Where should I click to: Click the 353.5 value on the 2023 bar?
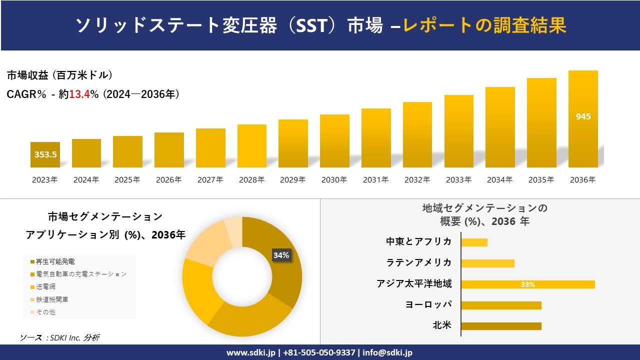pos(45,154)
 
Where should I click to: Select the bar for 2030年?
pos(334,141)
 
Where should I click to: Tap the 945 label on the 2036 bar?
pos(583,116)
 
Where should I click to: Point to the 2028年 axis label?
pos(251,180)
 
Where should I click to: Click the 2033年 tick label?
pos(458,180)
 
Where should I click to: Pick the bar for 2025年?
pos(127,151)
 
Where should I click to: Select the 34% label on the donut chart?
pos(281,255)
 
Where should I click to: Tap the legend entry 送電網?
pos(45,287)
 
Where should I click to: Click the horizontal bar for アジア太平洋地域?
pos(527,284)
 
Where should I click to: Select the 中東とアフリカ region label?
pos(418,242)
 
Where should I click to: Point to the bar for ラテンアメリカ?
pos(487,263)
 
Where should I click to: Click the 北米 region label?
pos(442,326)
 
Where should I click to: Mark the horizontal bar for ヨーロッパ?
pos(501,305)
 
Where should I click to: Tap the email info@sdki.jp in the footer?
pos(387,352)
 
